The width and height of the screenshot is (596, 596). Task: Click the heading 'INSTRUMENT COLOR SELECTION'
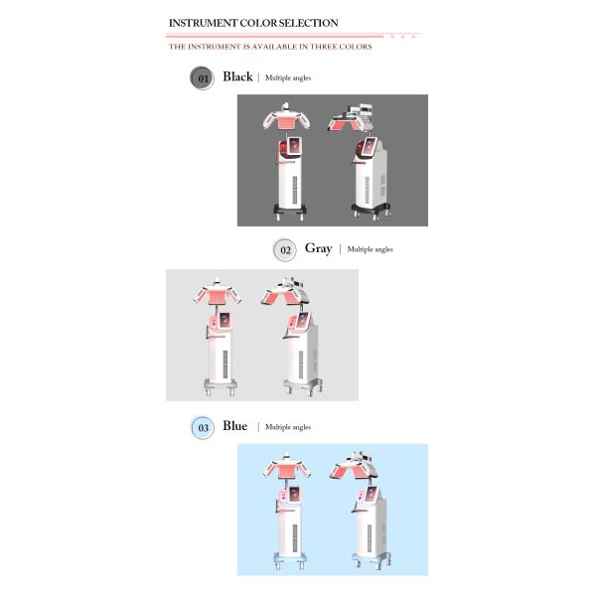(253, 23)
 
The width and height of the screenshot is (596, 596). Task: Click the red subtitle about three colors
(270, 46)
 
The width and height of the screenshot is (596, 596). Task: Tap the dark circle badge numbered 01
(202, 77)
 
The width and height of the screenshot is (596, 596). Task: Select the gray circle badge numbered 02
(285, 249)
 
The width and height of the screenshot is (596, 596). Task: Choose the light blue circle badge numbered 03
(203, 427)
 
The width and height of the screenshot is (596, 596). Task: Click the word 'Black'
(237, 76)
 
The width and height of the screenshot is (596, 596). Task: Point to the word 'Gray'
(318, 248)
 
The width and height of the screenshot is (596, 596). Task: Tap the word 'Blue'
(235, 426)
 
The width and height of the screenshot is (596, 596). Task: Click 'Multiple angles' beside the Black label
(288, 77)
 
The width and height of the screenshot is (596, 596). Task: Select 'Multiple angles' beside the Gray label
(370, 249)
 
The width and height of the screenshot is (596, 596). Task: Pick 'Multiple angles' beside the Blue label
(288, 427)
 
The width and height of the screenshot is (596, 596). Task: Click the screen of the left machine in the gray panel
(223, 321)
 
